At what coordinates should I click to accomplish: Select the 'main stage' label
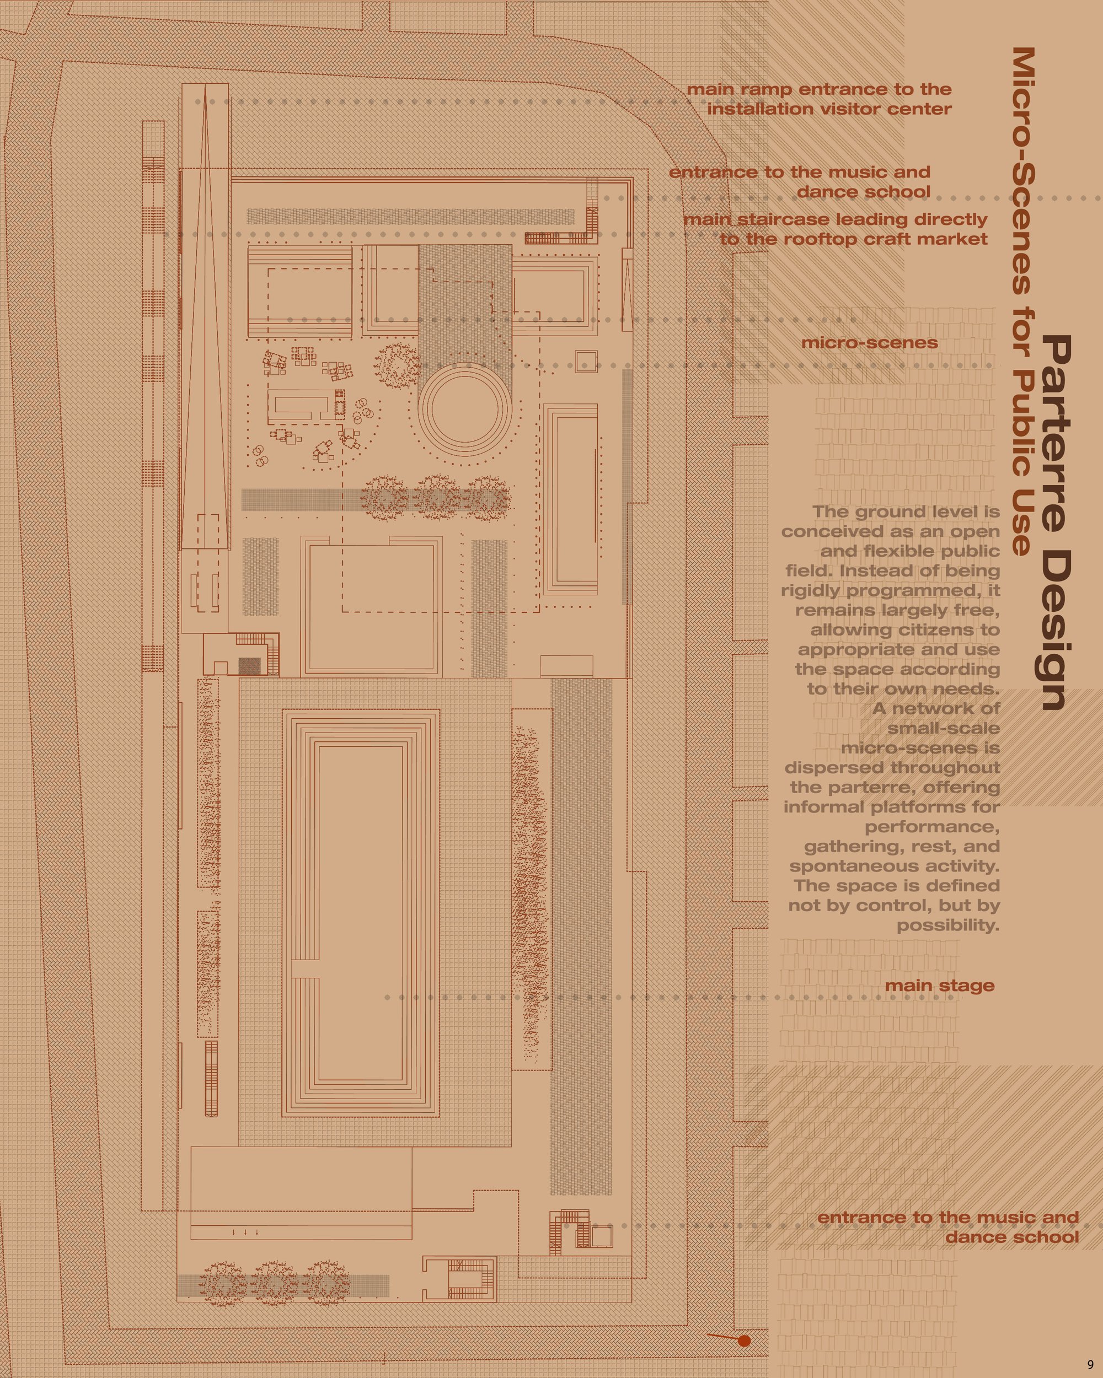pyautogui.click(x=939, y=986)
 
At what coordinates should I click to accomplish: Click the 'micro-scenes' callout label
pyautogui.click(x=870, y=343)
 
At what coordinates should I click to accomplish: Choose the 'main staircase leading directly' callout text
pyautogui.click(x=836, y=220)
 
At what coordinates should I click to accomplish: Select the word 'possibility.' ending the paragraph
pyautogui.click(x=947, y=925)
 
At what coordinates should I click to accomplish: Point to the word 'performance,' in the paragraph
pyautogui.click(x=932, y=827)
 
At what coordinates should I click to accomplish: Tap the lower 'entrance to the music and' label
pyautogui.click(x=948, y=1218)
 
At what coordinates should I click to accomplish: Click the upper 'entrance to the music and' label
pyautogui.click(x=799, y=173)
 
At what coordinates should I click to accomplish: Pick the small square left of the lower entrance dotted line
pyautogui.click(x=601, y=1236)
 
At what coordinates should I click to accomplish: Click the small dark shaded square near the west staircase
pyautogui.click(x=249, y=666)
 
